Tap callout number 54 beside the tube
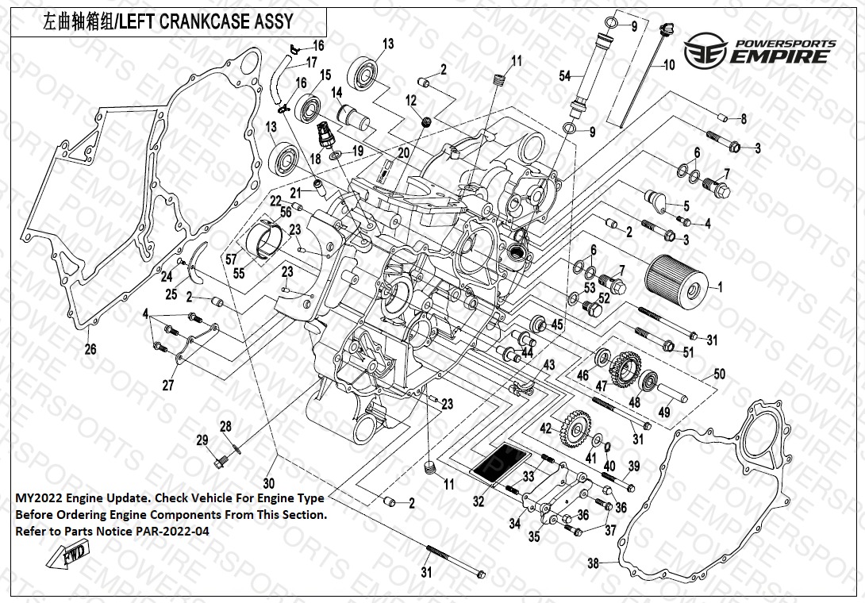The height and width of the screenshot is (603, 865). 565,76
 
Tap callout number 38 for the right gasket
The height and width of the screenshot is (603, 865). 593,564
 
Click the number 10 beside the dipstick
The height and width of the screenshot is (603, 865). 668,65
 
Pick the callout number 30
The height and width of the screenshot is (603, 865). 268,483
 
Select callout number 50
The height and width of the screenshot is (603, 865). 719,373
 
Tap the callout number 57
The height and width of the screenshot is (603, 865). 232,259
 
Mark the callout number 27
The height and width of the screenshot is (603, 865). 167,386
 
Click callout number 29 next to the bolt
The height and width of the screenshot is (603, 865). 202,440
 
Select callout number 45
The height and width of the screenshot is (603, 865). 557,324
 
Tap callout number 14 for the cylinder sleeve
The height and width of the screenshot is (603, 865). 336,93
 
